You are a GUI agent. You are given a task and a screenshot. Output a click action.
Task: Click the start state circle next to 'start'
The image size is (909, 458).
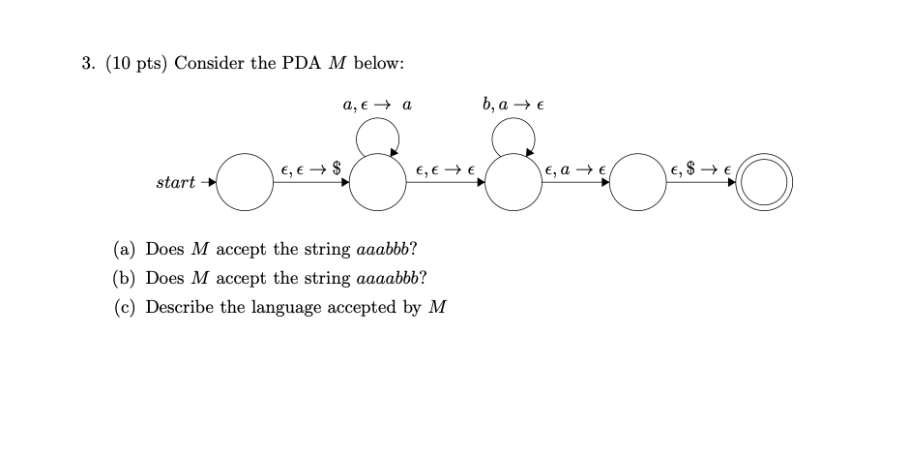pyautogui.click(x=244, y=183)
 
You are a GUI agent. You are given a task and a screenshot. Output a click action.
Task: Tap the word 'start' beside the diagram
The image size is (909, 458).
pyautogui.click(x=175, y=182)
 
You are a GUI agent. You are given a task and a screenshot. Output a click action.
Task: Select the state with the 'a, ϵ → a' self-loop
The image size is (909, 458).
pyautogui.click(x=377, y=183)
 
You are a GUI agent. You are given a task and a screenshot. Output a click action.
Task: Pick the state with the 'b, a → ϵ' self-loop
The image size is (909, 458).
pyautogui.click(x=513, y=183)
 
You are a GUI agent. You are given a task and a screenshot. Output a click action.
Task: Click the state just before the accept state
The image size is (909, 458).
pyautogui.click(x=638, y=183)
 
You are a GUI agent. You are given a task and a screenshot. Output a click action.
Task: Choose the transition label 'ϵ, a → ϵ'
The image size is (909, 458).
pyautogui.click(x=575, y=169)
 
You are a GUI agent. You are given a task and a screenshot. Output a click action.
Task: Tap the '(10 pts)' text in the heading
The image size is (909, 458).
pyautogui.click(x=133, y=63)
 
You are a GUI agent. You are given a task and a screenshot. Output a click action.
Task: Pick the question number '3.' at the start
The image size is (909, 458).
pyautogui.click(x=86, y=63)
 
